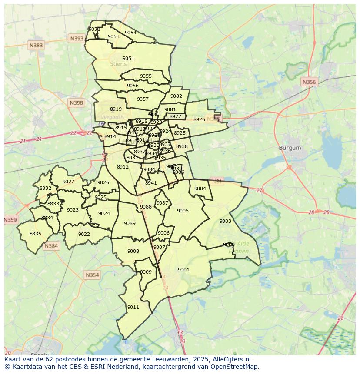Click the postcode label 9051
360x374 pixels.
[128, 58]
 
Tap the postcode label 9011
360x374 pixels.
[133, 307]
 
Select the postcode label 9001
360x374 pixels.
[183, 270]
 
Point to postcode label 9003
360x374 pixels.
[225, 221]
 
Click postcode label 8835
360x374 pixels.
[35, 234]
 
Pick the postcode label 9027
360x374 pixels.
[68, 182]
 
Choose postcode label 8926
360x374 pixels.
[199, 119]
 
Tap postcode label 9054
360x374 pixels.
[130, 33]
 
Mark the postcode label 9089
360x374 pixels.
[130, 223]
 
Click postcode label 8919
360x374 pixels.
[116, 109]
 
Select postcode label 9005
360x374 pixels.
[183, 211]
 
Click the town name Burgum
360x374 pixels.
[290, 148]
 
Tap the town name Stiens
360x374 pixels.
[118, 64]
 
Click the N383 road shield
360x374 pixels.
[36, 45]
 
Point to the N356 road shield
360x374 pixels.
[309, 82]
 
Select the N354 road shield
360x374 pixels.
[92, 275]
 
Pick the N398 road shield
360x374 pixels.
[76, 103]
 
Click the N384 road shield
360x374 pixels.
[51, 246]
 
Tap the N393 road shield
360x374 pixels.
[77, 39]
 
